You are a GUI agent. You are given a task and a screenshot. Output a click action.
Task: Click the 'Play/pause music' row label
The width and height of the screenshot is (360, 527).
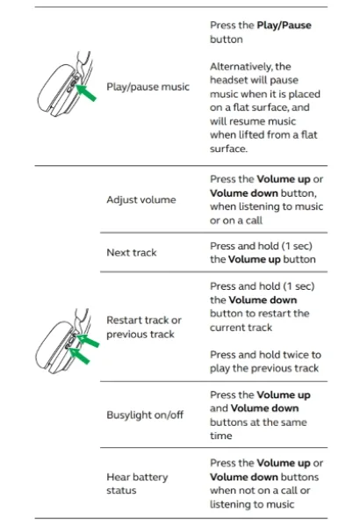[148, 87]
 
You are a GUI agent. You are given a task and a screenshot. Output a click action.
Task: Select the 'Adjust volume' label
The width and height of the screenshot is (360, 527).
[141, 199]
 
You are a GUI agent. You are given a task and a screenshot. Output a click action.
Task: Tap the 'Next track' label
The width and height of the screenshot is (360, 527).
[132, 252]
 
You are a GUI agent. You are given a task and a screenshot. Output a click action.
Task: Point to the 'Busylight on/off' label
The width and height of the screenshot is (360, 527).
[145, 415]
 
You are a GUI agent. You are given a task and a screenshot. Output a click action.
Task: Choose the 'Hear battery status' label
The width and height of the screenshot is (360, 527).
[137, 484]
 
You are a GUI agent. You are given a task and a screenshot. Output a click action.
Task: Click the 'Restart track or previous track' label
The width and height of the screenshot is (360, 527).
[144, 327]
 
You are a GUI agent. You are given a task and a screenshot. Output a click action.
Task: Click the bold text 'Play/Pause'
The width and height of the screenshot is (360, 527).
[284, 25]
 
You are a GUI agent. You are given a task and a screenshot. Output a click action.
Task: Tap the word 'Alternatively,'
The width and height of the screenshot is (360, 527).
[241, 67]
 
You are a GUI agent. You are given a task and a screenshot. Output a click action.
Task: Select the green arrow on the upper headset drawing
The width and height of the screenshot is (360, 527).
[86, 93]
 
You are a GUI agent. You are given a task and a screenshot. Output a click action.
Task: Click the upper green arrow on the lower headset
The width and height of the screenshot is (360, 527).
[88, 340]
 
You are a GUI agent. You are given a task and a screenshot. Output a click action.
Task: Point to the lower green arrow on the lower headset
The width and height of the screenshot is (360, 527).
[79, 356]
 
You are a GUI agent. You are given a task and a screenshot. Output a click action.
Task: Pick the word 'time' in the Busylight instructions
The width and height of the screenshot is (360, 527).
[221, 436]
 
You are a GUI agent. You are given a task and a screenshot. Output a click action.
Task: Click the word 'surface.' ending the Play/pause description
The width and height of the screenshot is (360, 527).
[229, 148]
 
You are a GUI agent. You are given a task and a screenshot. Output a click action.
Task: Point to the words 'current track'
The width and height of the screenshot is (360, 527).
[241, 328]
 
